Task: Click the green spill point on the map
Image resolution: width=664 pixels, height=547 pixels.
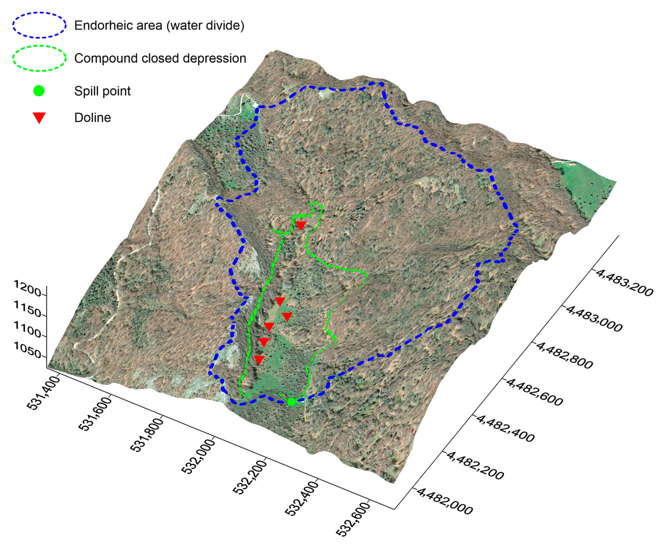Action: [291, 402]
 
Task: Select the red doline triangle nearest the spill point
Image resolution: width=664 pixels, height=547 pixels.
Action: [259, 360]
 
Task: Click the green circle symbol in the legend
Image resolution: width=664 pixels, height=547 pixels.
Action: [39, 91]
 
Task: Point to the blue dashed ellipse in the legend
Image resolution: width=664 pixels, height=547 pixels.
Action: [40, 25]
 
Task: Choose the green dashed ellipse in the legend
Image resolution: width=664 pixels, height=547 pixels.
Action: [40, 58]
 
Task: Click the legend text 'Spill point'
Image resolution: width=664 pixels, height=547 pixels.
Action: [102, 91]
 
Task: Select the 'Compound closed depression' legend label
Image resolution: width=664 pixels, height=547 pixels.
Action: [160, 58]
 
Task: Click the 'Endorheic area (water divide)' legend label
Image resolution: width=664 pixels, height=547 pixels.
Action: [159, 25]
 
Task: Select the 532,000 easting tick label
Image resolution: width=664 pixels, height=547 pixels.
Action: [198, 456]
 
